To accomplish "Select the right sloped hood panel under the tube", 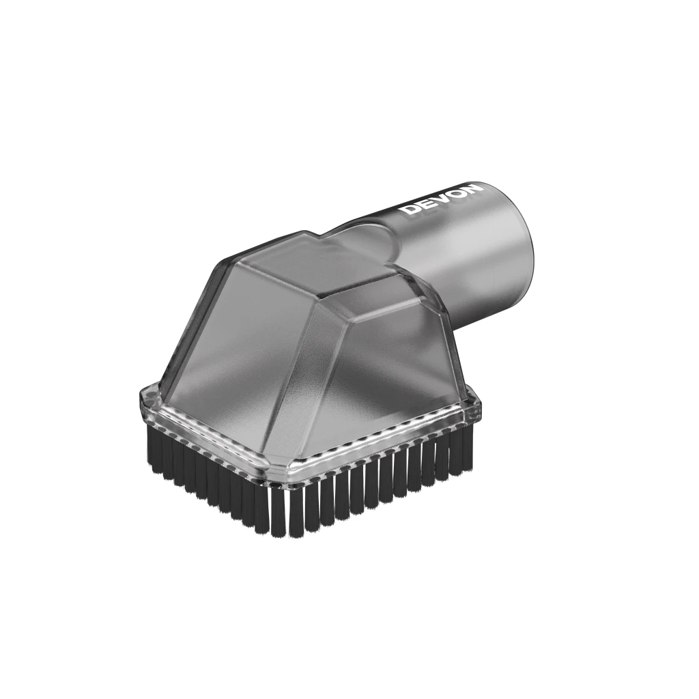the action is point(384,356).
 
